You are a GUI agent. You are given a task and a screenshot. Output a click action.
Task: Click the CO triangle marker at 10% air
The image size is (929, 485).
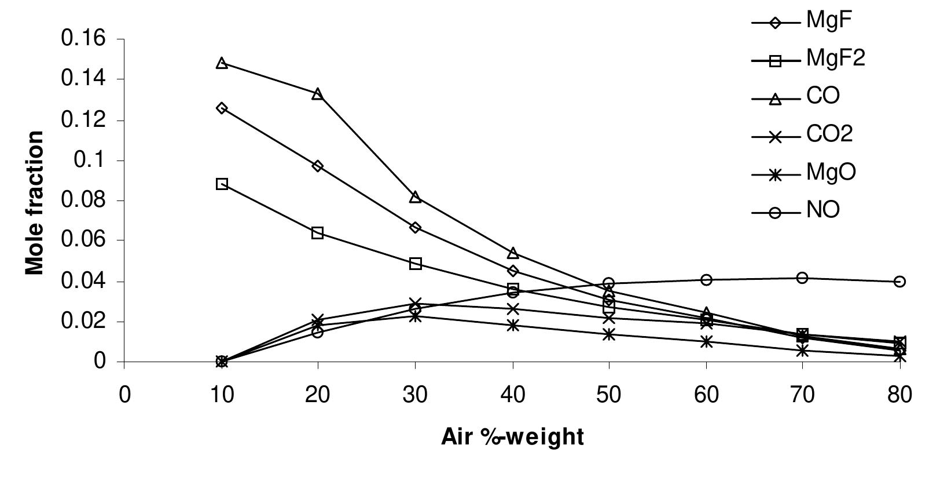coord(222,63)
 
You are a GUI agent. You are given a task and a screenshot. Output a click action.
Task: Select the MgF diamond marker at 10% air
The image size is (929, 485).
coord(222,108)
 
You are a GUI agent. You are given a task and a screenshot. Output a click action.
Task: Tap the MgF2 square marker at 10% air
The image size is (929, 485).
coord(222,184)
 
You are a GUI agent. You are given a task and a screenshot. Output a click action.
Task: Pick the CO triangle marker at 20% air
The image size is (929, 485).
coord(317,93)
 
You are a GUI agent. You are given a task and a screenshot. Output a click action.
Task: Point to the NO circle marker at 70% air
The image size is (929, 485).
coord(802,278)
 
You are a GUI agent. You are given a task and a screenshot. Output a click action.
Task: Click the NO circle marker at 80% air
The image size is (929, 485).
coord(899,281)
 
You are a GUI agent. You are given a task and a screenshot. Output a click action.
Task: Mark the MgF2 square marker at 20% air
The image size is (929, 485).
coord(317,233)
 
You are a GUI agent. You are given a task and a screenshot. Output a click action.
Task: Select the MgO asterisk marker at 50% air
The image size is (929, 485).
coord(608,334)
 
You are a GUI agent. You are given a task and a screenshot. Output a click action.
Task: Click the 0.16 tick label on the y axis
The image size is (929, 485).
coord(84,39)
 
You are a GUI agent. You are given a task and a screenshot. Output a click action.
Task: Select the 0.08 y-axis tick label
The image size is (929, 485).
coord(84,200)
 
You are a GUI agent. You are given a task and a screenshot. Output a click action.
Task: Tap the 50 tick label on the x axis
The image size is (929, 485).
coord(608,395)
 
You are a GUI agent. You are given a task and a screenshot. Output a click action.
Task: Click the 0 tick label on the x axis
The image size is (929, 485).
coord(124,395)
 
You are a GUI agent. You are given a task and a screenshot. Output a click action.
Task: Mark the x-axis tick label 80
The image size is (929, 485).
coord(899,395)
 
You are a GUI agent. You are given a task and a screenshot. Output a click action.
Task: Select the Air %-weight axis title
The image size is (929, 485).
coord(512,437)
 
